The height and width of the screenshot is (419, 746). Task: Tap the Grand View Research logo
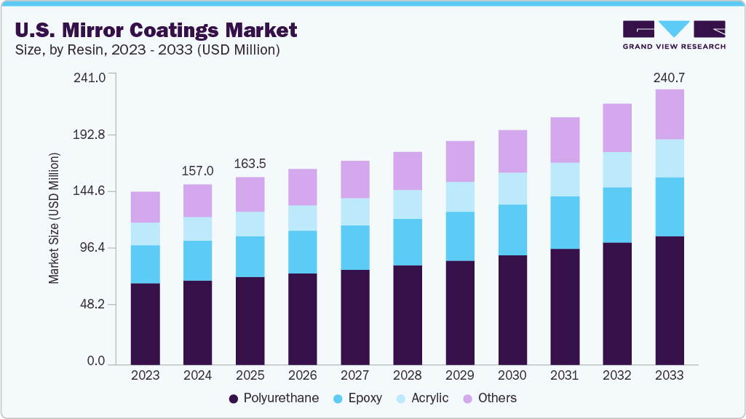[674, 34]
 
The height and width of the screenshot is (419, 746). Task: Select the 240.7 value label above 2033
[669, 77]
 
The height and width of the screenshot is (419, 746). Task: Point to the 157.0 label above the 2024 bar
[197, 171]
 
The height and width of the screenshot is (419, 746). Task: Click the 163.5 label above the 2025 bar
[250, 164]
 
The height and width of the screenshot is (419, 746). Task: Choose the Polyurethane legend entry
[274, 398]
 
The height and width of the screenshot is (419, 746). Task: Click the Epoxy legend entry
[357, 398]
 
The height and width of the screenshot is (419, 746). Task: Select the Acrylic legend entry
[422, 398]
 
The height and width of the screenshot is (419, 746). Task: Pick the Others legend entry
[489, 398]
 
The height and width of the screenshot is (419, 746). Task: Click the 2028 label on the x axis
[407, 375]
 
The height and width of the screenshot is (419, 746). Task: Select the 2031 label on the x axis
[564, 375]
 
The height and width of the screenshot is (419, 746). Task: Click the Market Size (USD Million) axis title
[54, 218]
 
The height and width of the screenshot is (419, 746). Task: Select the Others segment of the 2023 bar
[145, 207]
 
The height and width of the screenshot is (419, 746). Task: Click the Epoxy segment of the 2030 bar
[512, 230]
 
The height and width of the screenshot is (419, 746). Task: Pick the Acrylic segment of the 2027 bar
[354, 212]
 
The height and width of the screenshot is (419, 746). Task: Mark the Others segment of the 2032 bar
[616, 128]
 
